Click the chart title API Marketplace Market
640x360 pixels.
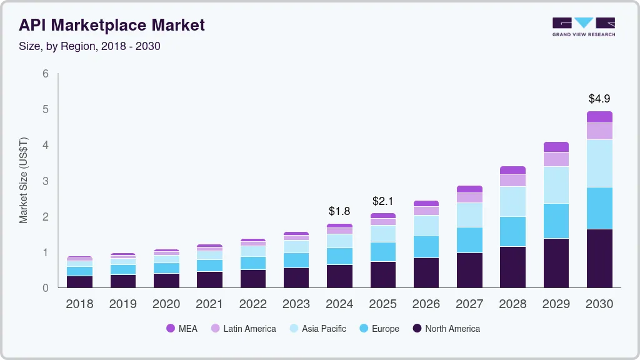[112, 25]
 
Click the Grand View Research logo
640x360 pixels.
[583, 26]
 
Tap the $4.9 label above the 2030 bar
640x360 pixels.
[599, 99]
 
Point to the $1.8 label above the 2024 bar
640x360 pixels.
[339, 211]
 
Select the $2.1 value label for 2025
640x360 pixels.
[382, 201]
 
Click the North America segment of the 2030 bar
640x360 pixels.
[599, 258]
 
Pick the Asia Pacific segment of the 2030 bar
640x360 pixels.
[599, 163]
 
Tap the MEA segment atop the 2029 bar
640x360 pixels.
[556, 147]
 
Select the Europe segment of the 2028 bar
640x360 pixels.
[512, 231]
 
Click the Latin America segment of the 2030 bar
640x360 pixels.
[599, 131]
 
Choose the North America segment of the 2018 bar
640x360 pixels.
[79, 281]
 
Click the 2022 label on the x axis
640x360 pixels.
[252, 304]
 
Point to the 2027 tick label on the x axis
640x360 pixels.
[469, 304]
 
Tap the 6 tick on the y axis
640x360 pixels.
[45, 74]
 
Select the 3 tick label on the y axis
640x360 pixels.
[45, 181]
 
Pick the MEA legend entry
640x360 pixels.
[182, 329]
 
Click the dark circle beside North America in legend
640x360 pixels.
[417, 329]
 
